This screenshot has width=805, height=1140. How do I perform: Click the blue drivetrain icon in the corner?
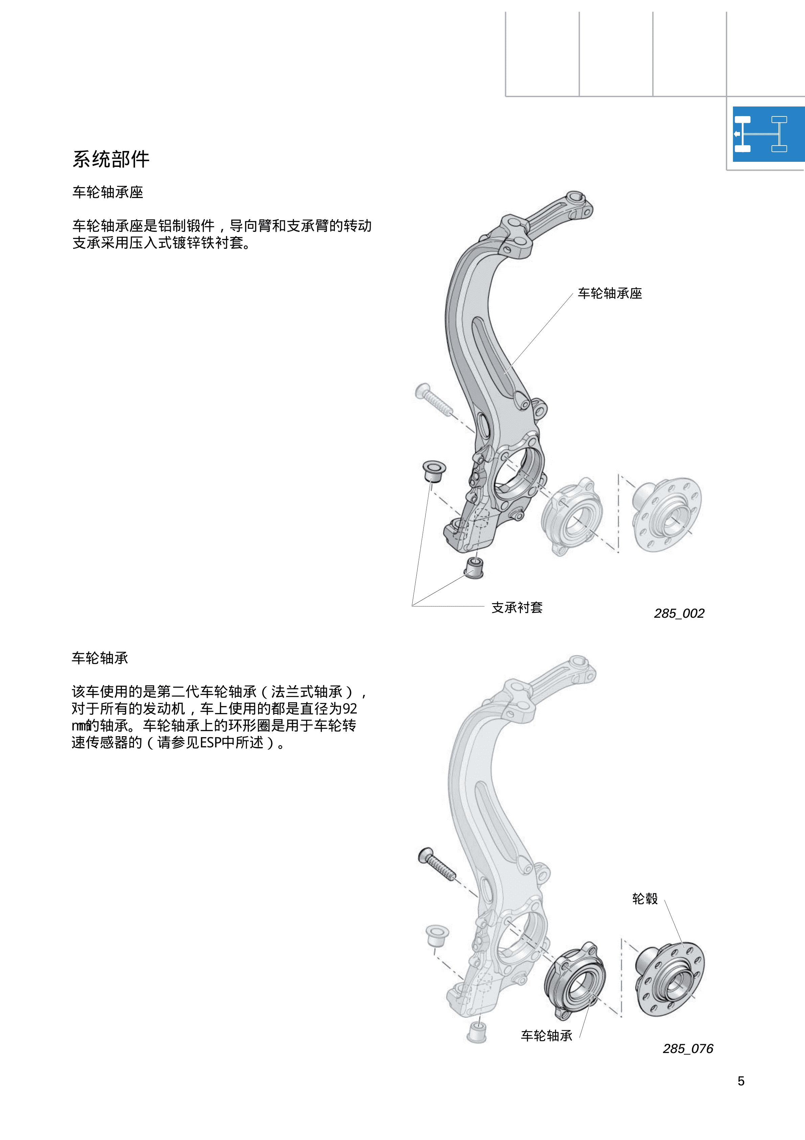(768, 134)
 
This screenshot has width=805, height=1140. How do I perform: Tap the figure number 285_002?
(679, 614)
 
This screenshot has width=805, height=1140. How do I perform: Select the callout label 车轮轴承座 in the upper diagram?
(610, 293)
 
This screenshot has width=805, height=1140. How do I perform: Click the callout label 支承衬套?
(517, 607)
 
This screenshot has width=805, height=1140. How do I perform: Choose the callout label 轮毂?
(645, 899)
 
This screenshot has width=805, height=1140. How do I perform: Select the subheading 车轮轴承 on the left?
(100, 658)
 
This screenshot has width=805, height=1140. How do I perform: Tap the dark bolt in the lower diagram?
(437, 865)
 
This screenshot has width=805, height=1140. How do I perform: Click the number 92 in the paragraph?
(349, 708)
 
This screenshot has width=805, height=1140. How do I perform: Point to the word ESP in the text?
(210, 742)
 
